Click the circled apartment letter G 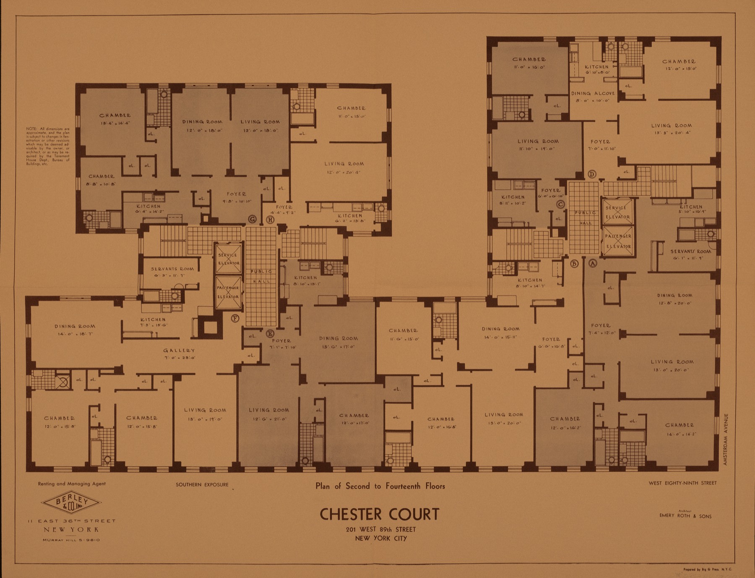click(253, 219)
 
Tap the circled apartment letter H click(271, 220)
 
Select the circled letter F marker click(235, 318)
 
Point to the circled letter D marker click(592, 174)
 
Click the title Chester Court click(379, 514)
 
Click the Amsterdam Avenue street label click(726, 439)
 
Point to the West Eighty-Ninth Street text click(682, 483)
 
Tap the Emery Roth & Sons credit click(685, 516)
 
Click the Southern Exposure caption click(202, 485)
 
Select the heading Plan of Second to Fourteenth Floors click(380, 486)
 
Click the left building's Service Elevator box click(228, 259)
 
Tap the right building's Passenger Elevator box click(617, 241)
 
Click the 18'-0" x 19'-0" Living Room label click(205, 414)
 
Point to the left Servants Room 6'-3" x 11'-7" click(172, 272)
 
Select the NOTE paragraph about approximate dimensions click(48, 146)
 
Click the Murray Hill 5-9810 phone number click(71, 540)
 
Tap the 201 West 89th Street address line click(380, 529)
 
